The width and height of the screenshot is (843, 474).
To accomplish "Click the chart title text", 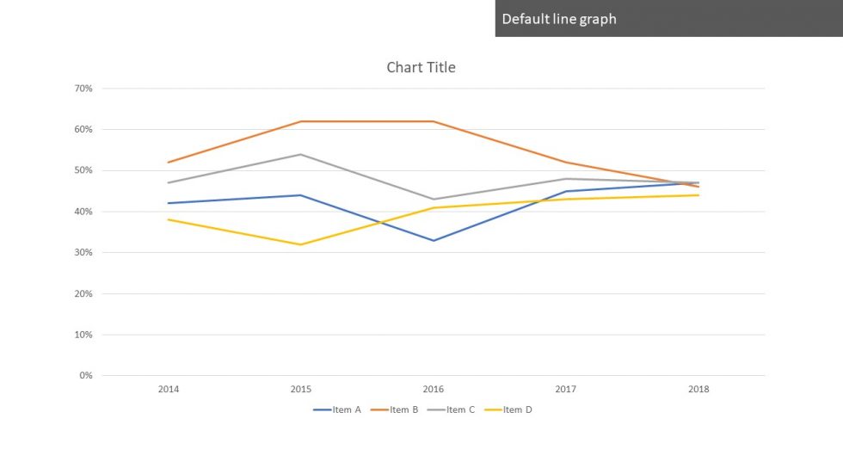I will tap(421, 67).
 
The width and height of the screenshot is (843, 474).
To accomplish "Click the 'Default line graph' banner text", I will tap(559, 19).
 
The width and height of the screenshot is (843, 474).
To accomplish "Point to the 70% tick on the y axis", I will tap(83, 89).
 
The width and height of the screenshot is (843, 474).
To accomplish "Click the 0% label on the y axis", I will tap(86, 376).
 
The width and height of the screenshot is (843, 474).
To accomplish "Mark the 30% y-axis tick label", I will tap(83, 253).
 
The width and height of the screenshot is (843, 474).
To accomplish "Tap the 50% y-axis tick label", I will tap(83, 170).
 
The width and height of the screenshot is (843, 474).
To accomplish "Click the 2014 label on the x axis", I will tap(169, 390).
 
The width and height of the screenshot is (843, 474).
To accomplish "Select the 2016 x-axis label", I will tap(434, 390).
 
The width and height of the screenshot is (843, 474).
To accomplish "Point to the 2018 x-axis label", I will tap(698, 390).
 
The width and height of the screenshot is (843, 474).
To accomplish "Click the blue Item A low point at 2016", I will tap(434, 240).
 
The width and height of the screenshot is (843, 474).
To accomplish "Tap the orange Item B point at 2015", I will tap(301, 121).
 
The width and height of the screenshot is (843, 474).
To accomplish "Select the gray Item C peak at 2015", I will tap(301, 154).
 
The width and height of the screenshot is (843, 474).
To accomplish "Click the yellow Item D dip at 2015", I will tap(301, 244).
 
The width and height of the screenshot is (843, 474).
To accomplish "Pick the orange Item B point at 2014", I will tap(169, 163).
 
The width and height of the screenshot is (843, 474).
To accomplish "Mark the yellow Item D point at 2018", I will tap(698, 195).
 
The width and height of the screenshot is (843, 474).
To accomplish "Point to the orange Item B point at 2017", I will tap(566, 163).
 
